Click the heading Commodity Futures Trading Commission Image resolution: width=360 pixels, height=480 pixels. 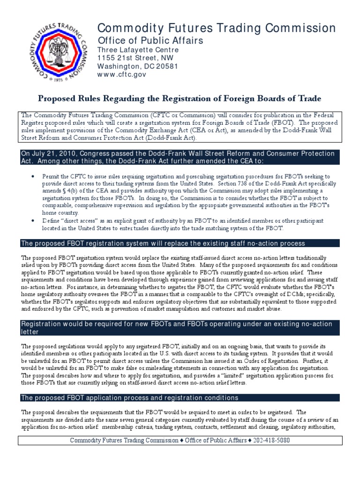coord(216,28)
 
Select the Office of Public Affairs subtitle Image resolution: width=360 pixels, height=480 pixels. coord(150,41)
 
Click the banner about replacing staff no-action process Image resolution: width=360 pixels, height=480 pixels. coord(164,243)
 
